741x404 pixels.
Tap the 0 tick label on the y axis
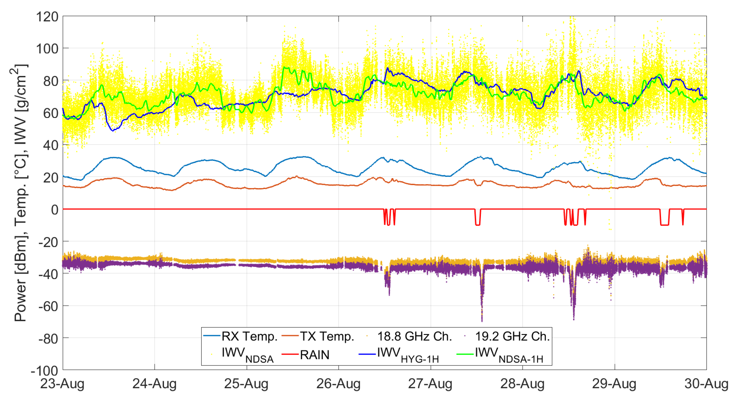(55, 209)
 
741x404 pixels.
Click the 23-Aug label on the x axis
(62, 384)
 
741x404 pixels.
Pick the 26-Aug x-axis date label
(338, 384)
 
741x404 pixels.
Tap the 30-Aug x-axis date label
(706, 384)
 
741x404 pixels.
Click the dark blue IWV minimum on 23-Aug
(113, 130)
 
